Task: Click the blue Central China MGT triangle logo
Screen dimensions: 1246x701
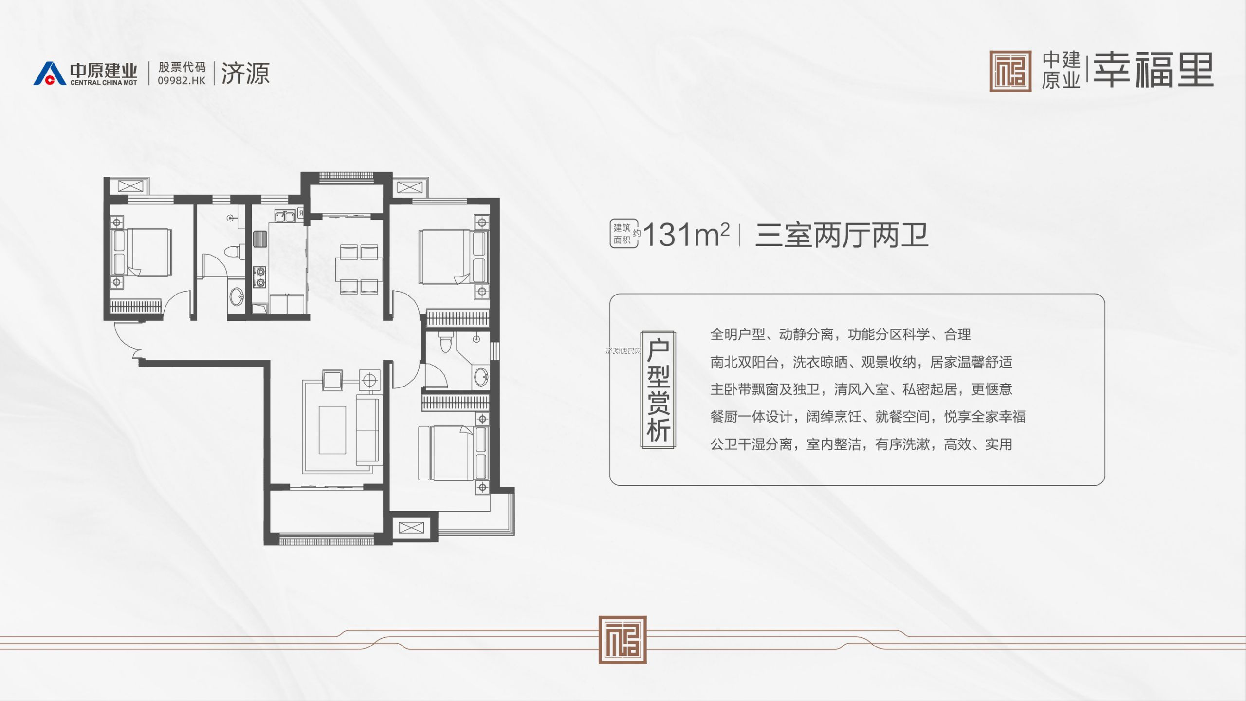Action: click(x=50, y=74)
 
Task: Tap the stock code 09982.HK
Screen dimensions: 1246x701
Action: click(x=182, y=81)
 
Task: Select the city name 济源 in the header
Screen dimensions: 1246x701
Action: click(x=245, y=74)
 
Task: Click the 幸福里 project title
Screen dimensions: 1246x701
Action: click(x=1154, y=70)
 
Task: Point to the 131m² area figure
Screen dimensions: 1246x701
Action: click(x=686, y=235)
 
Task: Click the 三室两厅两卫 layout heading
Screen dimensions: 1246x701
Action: click(x=842, y=235)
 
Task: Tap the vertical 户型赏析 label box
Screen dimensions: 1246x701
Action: click(x=658, y=389)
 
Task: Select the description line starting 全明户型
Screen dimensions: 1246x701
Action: click(x=840, y=334)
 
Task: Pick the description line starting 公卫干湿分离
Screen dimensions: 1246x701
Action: click(x=861, y=444)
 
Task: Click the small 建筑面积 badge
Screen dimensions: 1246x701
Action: click(x=623, y=234)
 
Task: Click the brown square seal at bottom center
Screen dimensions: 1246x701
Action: click(x=623, y=640)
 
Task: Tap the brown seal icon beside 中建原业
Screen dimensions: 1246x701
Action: click(x=1010, y=71)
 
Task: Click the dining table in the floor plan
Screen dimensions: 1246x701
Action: click(x=359, y=270)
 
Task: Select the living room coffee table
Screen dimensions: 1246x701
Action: click(x=332, y=430)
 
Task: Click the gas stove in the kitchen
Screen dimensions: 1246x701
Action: click(x=259, y=277)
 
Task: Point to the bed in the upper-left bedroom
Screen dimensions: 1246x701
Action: click(x=141, y=252)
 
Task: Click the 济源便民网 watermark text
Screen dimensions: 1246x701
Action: click(x=623, y=351)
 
